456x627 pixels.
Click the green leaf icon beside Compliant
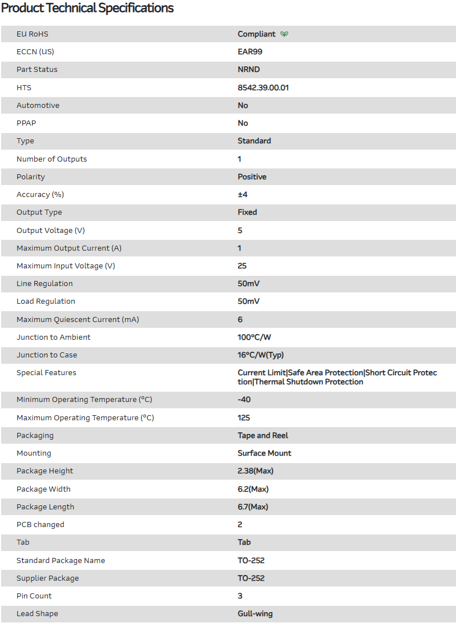click(x=284, y=34)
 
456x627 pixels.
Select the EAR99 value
click(x=250, y=52)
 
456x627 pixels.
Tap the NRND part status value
click(x=249, y=70)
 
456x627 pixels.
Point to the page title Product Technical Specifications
click(x=87, y=8)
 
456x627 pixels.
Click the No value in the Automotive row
click(x=243, y=106)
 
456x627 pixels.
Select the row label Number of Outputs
click(x=52, y=159)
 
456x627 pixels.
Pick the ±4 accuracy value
click(x=243, y=195)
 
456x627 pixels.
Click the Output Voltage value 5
click(x=240, y=231)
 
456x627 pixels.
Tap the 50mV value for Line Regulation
click(x=249, y=284)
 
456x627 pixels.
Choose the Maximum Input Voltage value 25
click(x=242, y=266)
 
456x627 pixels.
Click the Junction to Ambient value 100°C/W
click(x=255, y=337)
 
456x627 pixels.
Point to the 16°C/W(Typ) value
click(x=261, y=355)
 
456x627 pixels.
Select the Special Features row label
click(x=46, y=373)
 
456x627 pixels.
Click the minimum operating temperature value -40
click(x=244, y=400)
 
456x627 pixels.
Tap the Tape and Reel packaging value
click(x=263, y=436)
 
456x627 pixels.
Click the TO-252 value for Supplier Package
click(x=251, y=578)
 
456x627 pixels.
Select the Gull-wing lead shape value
click(x=255, y=614)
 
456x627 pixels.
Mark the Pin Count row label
click(x=34, y=596)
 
